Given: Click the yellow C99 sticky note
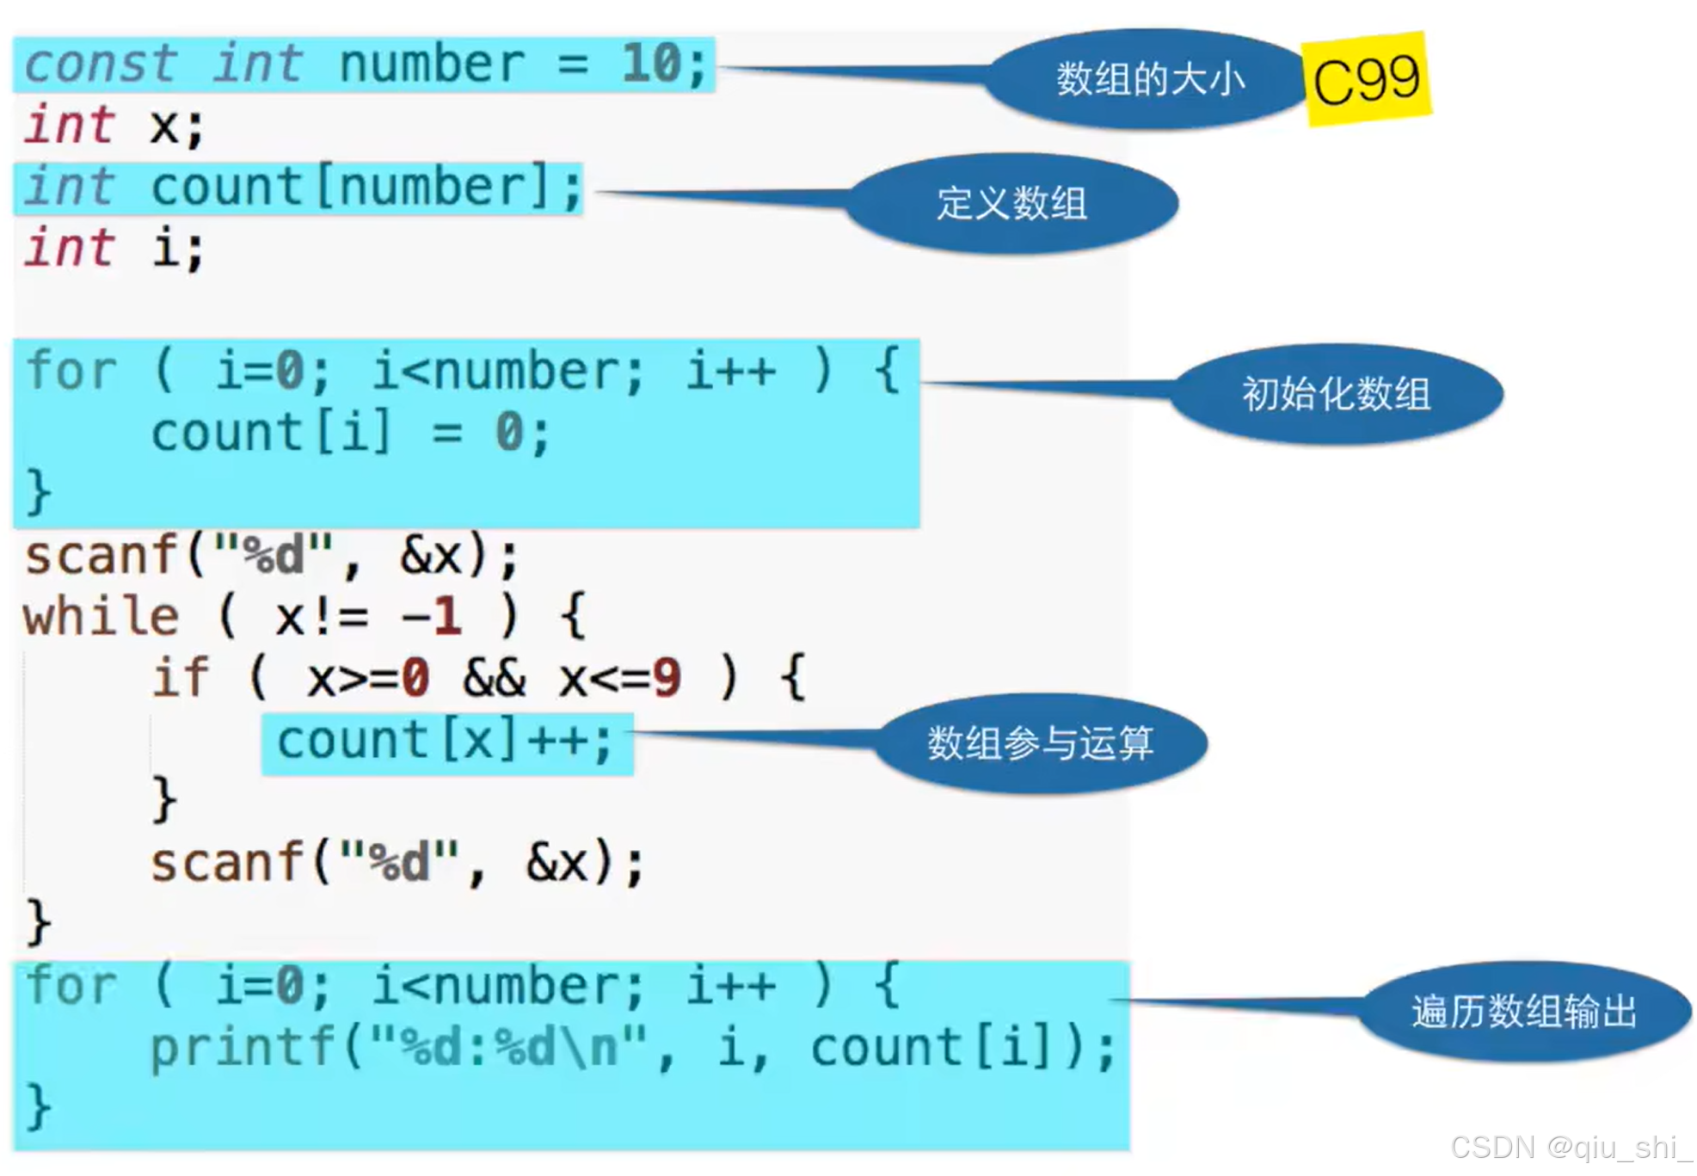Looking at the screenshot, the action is [1366, 79].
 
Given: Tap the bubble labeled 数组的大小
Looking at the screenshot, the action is [1148, 79].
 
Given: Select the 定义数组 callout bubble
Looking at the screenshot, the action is [1011, 204].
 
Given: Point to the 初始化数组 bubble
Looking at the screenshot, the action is [1336, 394].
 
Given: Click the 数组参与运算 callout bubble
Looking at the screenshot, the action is [1040, 742].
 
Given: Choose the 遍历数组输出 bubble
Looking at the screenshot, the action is [1523, 1011].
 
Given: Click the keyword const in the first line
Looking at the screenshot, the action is [100, 65].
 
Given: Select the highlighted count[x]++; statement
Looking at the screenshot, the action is [445, 742].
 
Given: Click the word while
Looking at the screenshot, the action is [101, 617].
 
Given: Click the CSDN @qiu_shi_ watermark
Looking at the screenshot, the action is [1570, 1148].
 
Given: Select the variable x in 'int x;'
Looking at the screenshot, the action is [163, 126].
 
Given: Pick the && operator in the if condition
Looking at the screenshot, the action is [494, 679].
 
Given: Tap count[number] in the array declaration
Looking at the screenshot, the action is [350, 188].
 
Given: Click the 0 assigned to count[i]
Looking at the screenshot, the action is [509, 432].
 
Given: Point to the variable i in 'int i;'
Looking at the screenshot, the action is [166, 249].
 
